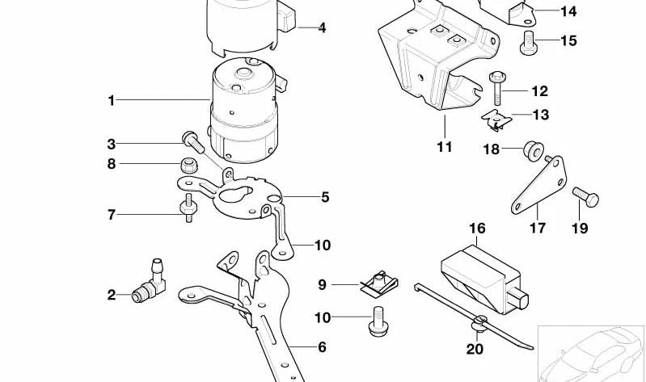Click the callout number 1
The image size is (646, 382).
[x=112, y=101]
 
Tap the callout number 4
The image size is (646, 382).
[x=322, y=28]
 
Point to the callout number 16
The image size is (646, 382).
[x=477, y=229]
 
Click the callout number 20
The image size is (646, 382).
[x=475, y=349]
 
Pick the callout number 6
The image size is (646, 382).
[x=322, y=347]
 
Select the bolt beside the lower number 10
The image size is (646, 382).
[x=374, y=319]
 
